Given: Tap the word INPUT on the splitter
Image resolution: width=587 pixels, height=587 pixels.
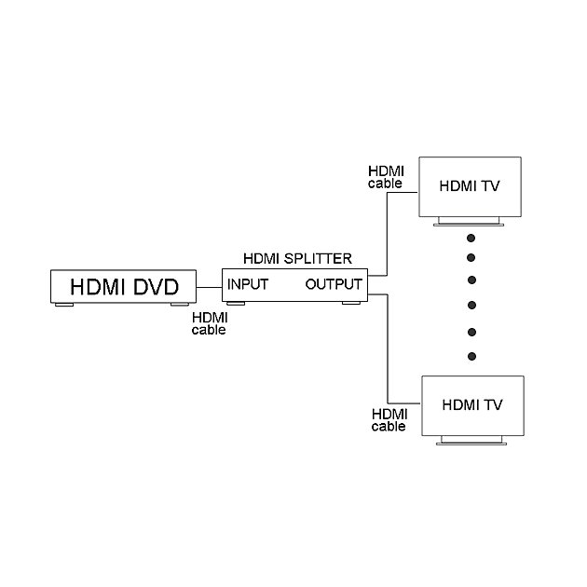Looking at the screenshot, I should coord(248,284).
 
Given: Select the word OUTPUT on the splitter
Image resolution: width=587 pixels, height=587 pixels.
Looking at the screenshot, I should coord(334,284).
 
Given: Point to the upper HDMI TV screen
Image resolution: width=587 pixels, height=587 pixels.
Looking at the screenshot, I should coord(471,185).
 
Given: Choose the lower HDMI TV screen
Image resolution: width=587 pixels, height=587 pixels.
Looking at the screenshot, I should coord(472,405).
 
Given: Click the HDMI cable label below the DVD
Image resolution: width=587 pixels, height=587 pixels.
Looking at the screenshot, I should coord(208,323).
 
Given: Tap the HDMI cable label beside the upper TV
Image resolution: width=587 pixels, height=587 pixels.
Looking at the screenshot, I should coord(385,177).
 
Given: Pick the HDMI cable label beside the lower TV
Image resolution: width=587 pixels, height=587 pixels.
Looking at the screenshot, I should coord(389,420).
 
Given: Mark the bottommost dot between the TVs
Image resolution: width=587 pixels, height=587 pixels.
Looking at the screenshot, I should coord(472,356).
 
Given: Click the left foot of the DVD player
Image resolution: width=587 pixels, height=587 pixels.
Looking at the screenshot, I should coord(64,304).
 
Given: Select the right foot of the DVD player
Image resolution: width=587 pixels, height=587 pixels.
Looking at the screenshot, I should coord(181,304).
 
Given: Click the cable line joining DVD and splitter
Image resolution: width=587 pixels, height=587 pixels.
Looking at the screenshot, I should coord(209,286).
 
